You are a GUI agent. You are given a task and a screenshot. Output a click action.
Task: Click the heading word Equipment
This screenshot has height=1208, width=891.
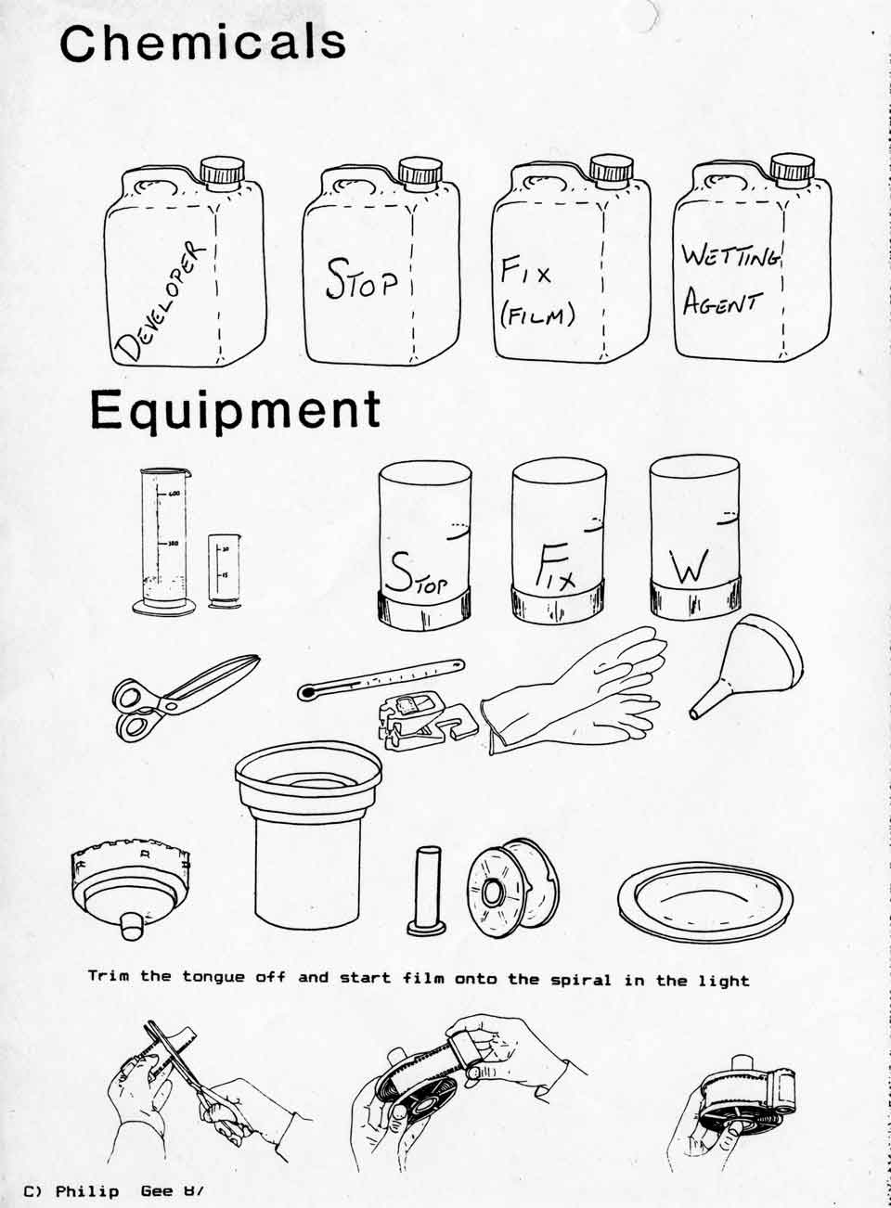[x=236, y=410]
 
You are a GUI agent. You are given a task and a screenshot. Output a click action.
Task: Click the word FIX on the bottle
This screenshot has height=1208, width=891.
[x=526, y=272]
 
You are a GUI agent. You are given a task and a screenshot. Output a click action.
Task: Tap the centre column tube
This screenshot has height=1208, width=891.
[x=428, y=890]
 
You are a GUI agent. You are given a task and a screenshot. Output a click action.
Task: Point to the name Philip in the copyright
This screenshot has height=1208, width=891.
[x=87, y=1190]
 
